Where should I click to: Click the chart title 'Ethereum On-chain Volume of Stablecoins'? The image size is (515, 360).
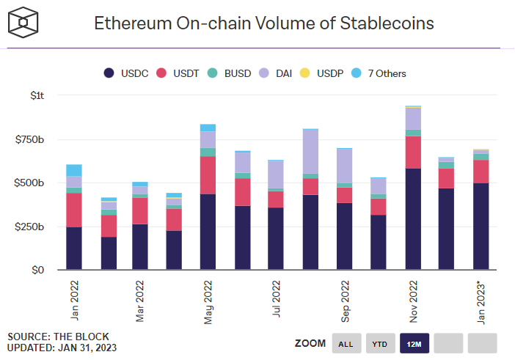263,23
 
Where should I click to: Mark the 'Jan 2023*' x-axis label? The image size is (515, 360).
481,301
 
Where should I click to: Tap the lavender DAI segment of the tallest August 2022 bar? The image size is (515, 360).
310,152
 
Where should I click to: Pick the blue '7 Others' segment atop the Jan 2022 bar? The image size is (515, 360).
74,170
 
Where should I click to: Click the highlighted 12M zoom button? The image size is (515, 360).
414,343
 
